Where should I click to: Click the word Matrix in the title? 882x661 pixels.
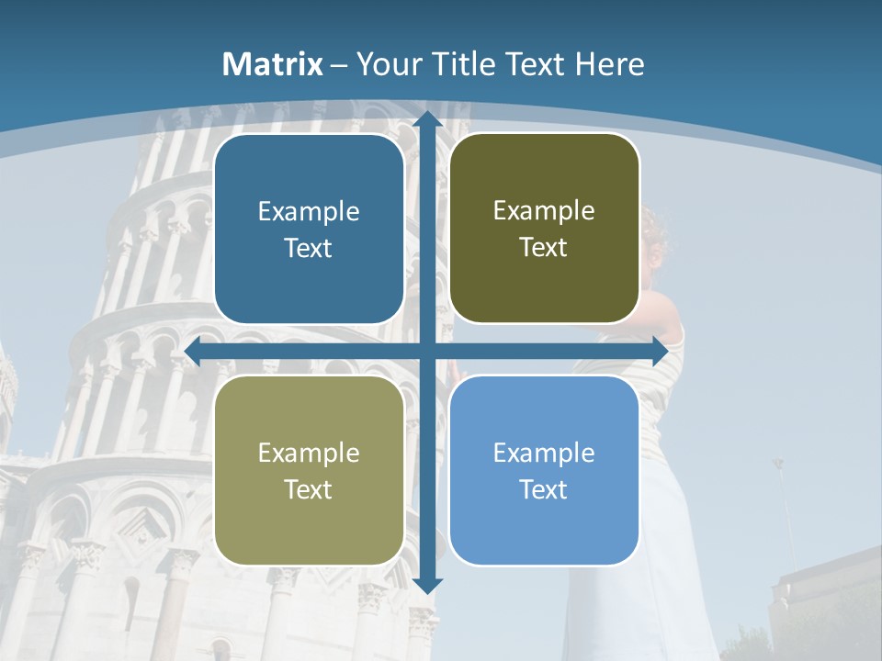coord(273,64)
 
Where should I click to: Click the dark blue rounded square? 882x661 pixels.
coord(309,229)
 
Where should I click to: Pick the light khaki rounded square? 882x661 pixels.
coord(309,470)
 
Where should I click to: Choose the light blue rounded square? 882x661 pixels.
coord(544,470)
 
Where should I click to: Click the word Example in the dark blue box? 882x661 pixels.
coord(309,212)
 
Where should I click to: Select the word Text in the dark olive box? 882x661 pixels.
coord(544,248)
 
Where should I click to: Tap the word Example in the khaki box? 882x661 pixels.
coord(309,453)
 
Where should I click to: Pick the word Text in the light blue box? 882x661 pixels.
coord(544,489)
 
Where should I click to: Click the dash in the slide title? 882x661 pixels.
coord(340,65)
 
